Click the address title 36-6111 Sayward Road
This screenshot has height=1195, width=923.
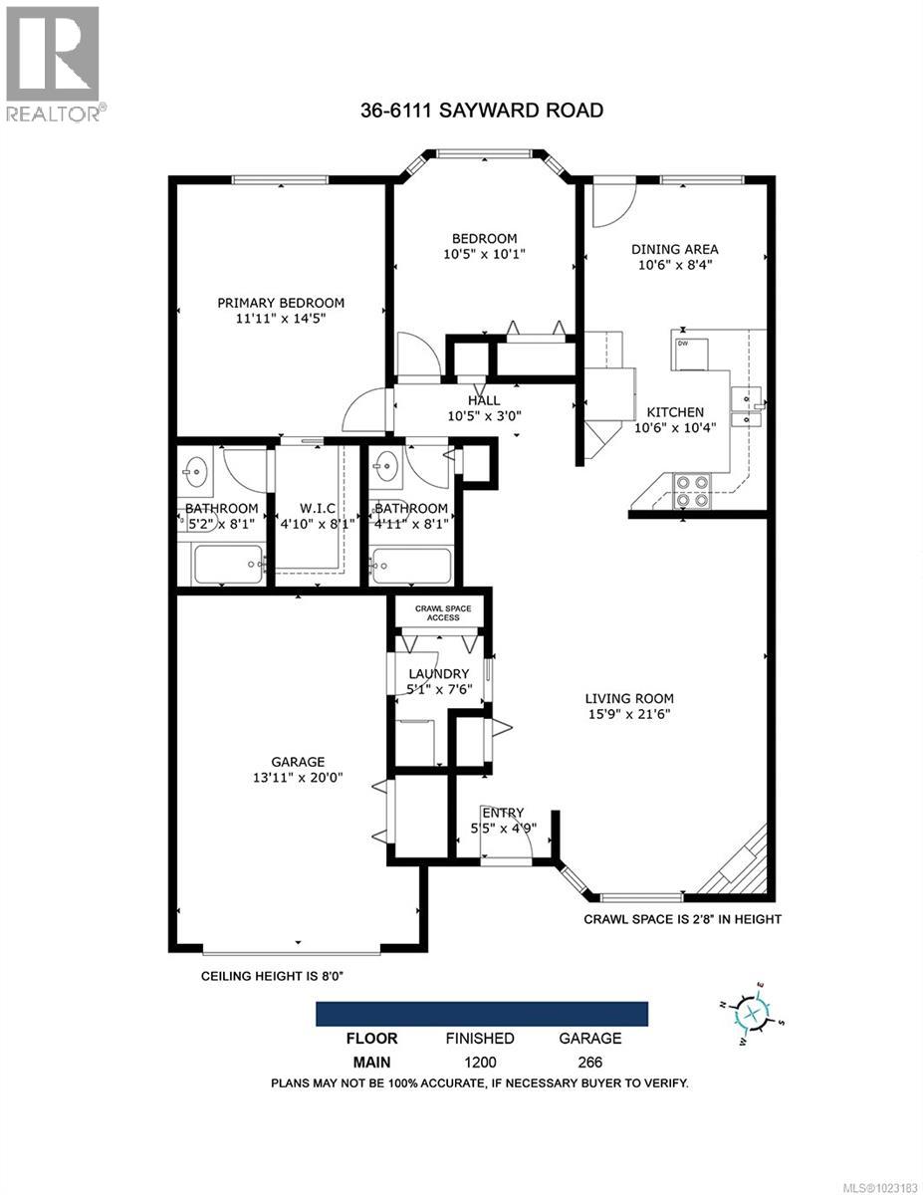pos(482,110)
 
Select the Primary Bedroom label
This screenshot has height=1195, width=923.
pos(282,304)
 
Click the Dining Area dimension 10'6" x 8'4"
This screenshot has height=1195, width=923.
pos(674,265)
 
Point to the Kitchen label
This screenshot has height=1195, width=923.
pos(675,412)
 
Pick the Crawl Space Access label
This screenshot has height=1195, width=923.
pos(442,612)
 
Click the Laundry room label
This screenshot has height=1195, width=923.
pos(438,673)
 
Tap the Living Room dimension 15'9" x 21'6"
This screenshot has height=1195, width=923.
pos(629,714)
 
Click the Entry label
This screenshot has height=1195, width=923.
pos(502,813)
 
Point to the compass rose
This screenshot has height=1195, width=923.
pos(754,1014)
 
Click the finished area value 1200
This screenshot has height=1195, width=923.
pos(479,1063)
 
